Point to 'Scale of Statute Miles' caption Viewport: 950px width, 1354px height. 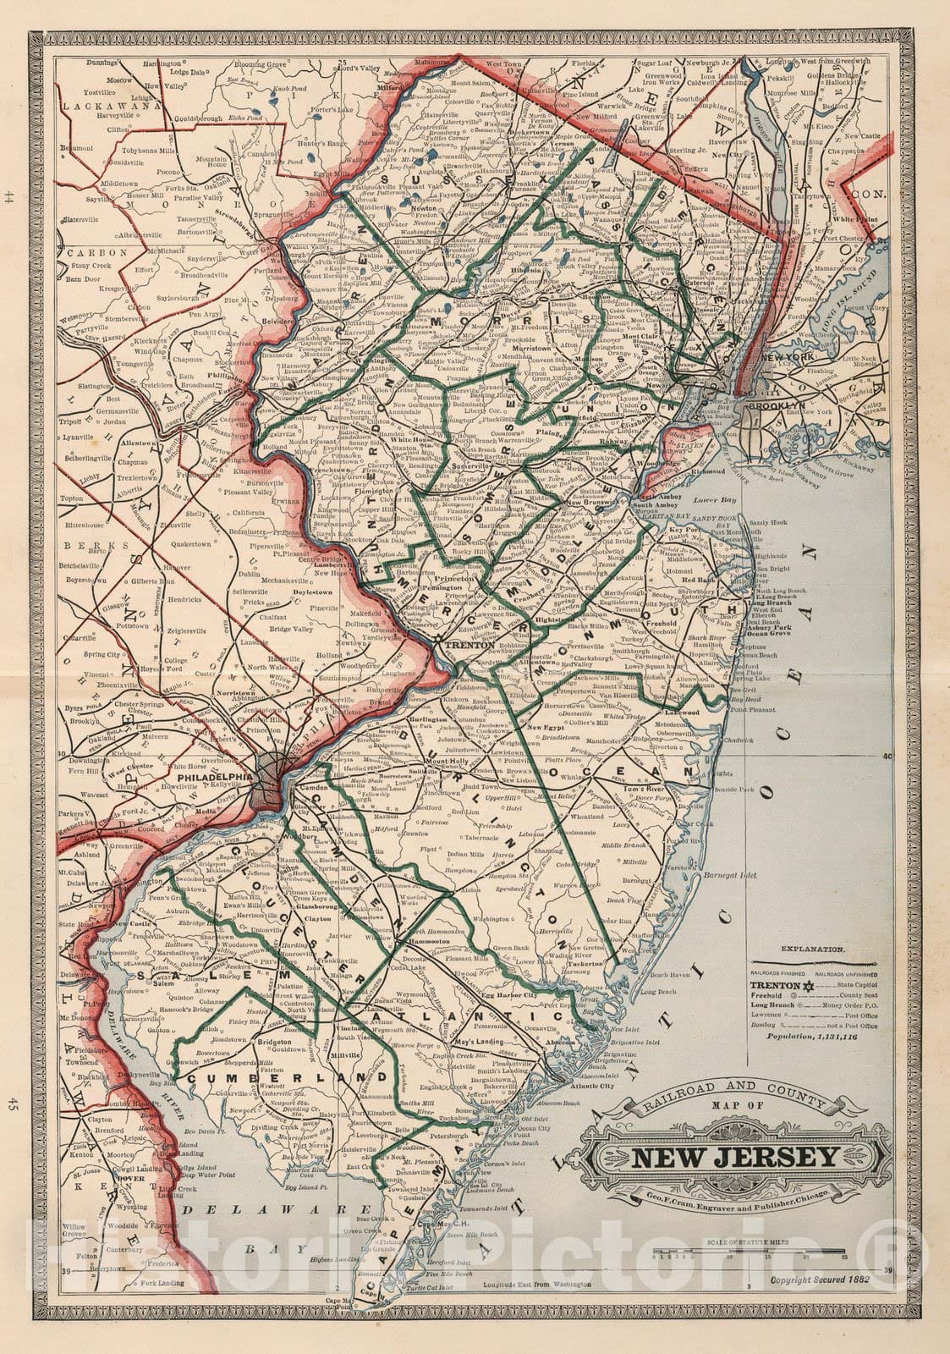pos(744,1242)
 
